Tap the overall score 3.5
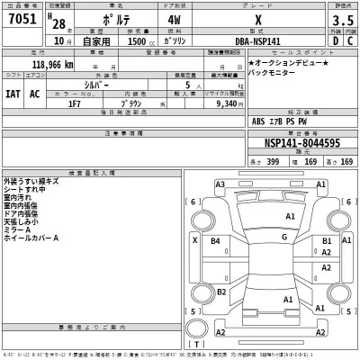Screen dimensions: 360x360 (341, 21)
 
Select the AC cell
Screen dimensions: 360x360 (36, 93)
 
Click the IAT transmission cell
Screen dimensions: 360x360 (13, 93)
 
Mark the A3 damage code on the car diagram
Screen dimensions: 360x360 (220, 184)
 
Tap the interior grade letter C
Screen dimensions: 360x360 (346, 40)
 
